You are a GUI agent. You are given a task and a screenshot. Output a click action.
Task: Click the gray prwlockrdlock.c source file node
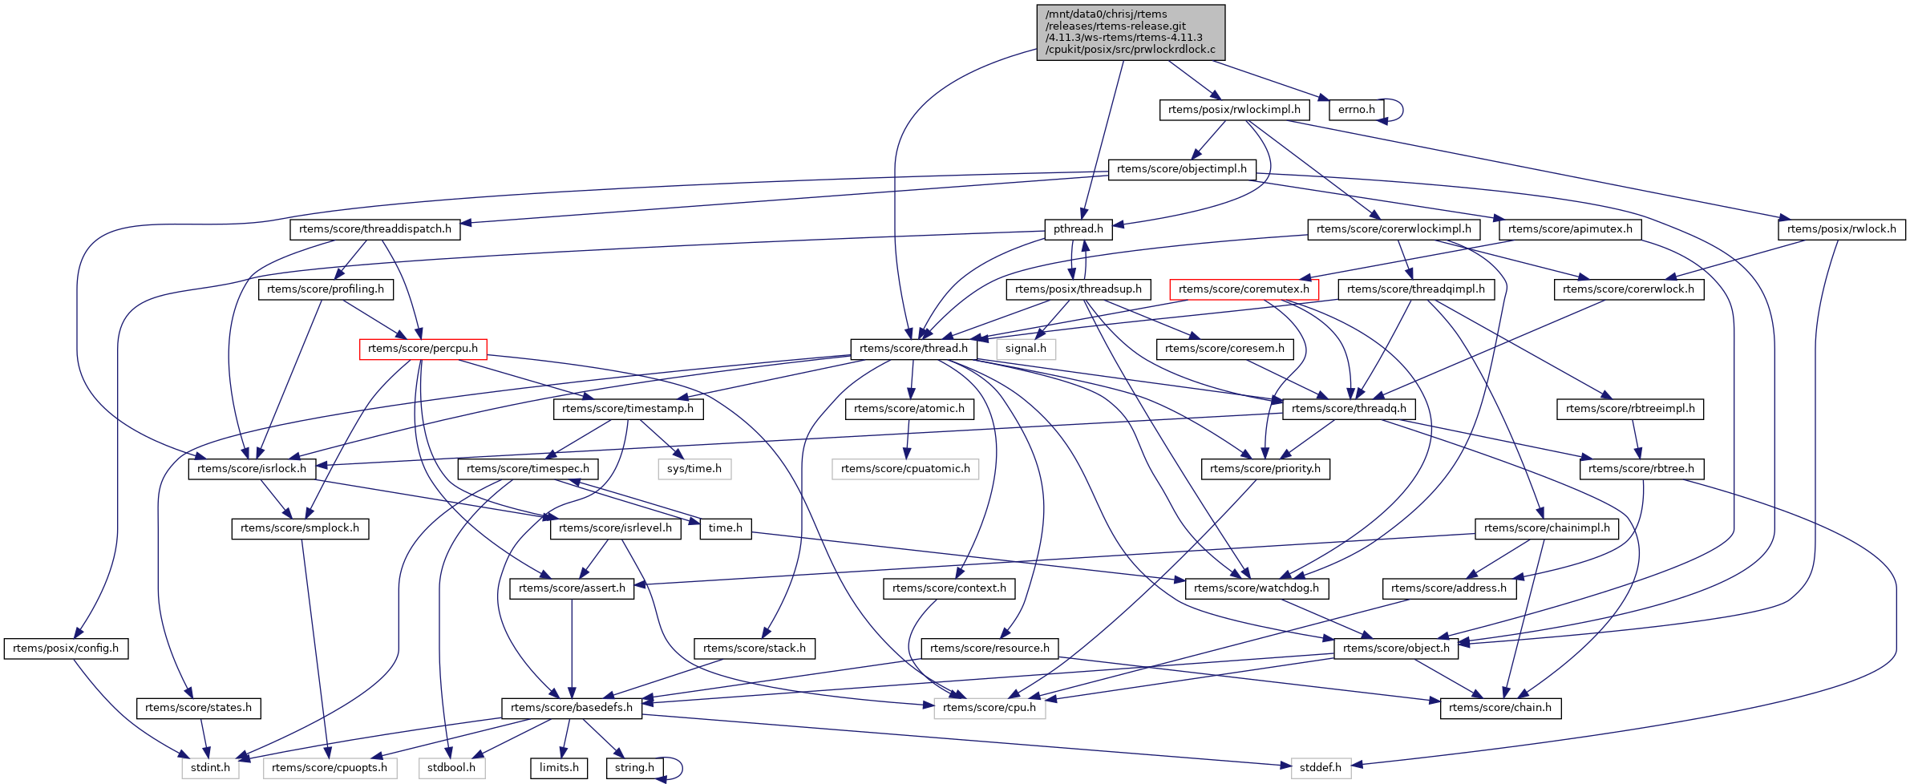tap(1131, 32)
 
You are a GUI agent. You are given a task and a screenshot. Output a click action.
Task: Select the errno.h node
tap(1356, 110)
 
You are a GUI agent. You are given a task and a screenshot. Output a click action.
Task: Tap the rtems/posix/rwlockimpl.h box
tap(1234, 110)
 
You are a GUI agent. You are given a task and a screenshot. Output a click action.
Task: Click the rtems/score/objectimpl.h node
tap(1181, 169)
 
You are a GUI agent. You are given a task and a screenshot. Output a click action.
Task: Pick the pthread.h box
tap(1078, 229)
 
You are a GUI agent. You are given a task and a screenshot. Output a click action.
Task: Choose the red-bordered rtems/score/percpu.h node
tap(423, 349)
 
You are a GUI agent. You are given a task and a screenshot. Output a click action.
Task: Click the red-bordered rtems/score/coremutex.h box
tap(1244, 289)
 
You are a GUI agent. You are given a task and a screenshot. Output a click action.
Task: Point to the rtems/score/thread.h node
tap(913, 349)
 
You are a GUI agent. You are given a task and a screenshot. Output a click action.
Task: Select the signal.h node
tap(1026, 349)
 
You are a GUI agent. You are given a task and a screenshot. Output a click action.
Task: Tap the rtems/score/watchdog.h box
tap(1256, 588)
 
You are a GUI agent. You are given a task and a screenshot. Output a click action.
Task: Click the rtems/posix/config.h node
tap(66, 649)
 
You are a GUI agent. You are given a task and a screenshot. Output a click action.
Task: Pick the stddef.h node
tap(1320, 768)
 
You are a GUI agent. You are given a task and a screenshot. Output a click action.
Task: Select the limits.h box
tap(559, 768)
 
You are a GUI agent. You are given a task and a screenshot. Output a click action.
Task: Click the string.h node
tap(634, 768)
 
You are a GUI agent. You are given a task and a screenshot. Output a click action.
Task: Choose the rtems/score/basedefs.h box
tap(571, 708)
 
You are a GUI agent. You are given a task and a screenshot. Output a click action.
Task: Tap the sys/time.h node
tap(694, 469)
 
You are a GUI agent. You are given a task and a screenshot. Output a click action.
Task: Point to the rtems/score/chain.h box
tap(1499, 708)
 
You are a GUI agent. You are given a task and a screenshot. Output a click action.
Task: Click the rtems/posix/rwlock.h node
tap(1841, 229)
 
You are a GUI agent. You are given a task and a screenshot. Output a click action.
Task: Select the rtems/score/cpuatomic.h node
tap(905, 469)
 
